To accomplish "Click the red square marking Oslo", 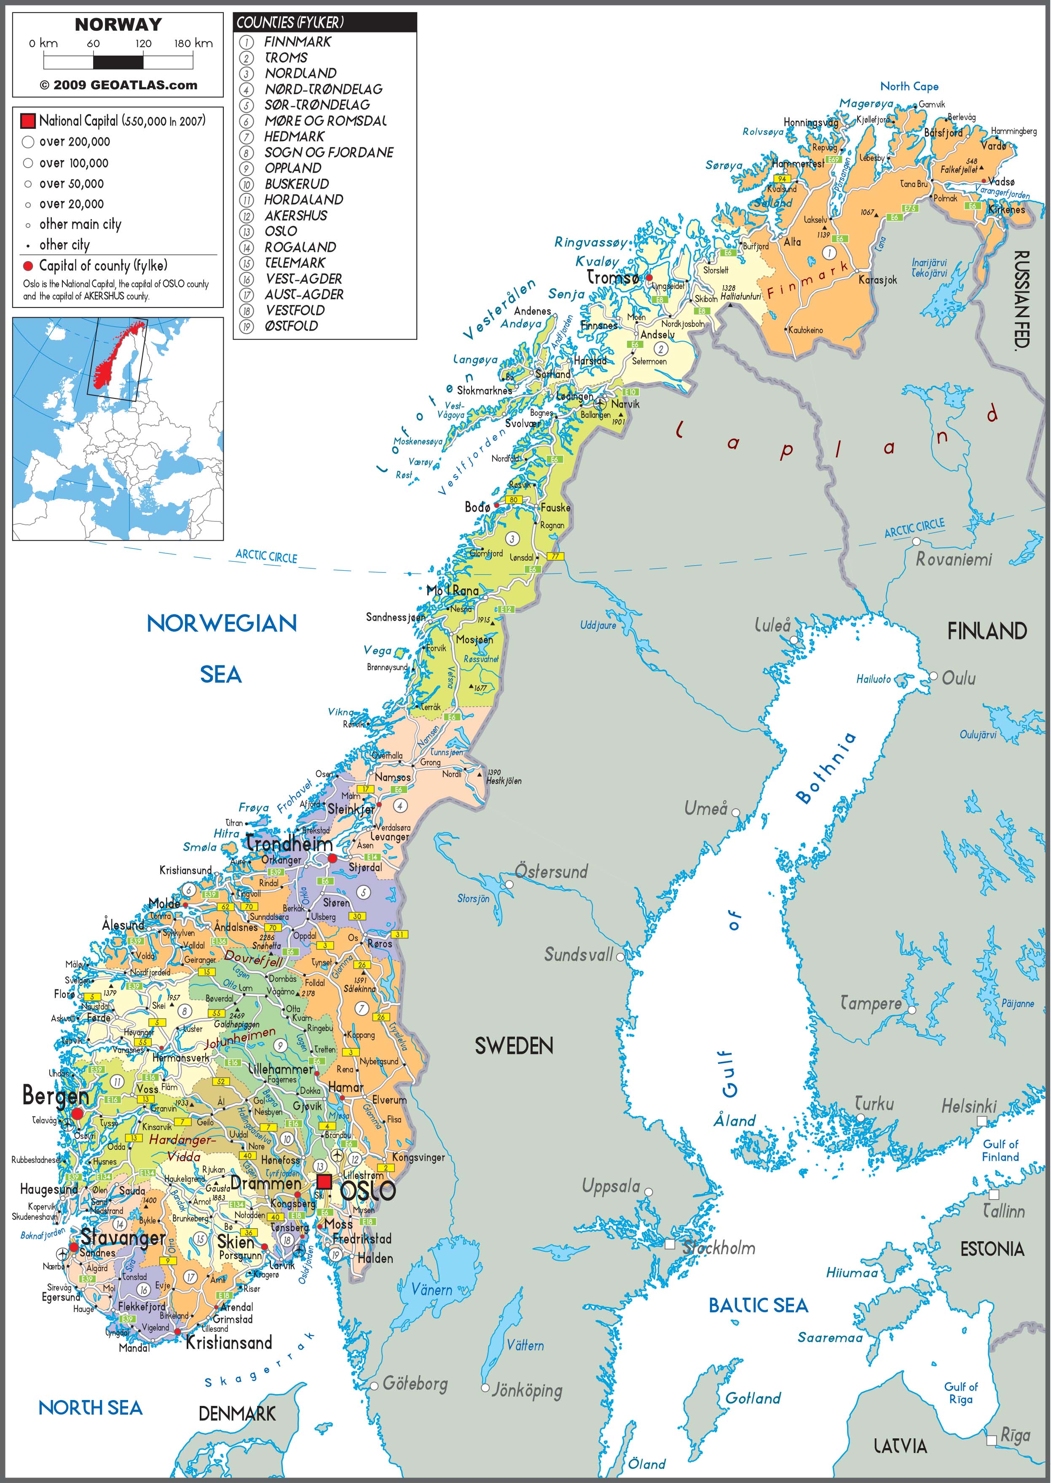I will point(324,1181).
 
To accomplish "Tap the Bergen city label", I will point(55,1096).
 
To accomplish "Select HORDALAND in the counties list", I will point(303,200).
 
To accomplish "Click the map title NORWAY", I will point(118,24).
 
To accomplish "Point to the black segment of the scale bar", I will point(118,62).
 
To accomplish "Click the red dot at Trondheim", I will point(332,858).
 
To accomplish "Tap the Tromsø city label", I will point(612,278).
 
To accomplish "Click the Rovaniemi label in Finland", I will point(953,559).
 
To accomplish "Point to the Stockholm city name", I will point(719,1248).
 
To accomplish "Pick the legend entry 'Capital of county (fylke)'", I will point(103,266).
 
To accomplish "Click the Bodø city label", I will point(477,507).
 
